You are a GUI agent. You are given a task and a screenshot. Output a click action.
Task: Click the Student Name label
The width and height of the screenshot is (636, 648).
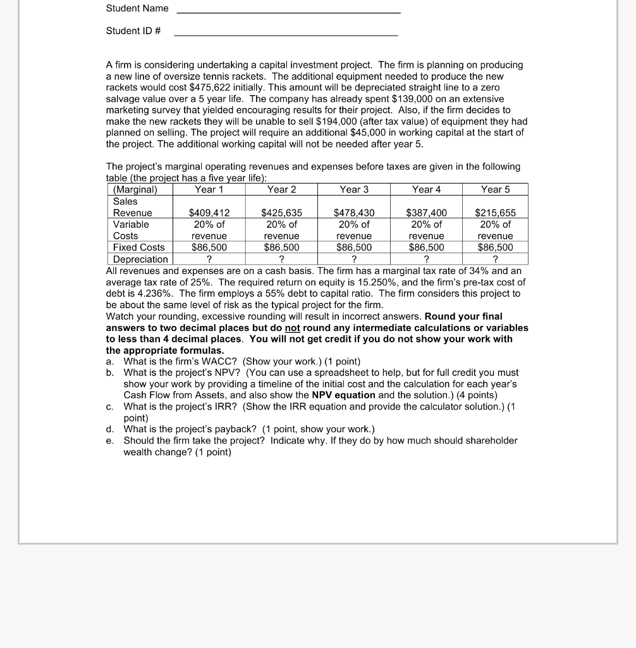coord(137,8)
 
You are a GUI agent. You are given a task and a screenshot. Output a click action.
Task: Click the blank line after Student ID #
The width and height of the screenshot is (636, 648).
coord(286,35)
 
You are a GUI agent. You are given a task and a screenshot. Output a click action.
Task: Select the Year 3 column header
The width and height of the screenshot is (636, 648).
coord(353,189)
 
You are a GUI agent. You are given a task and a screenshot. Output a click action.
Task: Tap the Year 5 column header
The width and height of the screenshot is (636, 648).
coord(495,189)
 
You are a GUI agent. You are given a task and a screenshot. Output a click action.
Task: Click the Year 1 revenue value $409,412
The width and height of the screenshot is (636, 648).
coord(209,213)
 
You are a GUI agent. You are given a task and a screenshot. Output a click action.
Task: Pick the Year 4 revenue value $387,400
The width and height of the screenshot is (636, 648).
coord(426,213)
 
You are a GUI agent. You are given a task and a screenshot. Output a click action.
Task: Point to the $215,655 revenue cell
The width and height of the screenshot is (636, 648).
coord(495,213)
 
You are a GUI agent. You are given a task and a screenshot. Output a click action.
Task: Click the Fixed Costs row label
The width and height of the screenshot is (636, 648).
coord(138,247)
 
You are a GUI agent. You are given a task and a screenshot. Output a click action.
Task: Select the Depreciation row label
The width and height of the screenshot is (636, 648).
coord(140,259)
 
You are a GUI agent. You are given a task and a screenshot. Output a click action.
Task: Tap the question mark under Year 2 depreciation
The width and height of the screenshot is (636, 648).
coord(281,259)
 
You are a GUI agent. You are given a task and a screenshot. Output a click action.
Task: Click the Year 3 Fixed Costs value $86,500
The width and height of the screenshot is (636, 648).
coord(354,247)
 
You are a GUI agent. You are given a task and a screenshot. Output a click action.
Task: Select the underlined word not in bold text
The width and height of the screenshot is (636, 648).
coord(292,328)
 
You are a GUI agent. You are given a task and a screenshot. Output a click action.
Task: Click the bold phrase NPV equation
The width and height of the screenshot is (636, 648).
coord(344,395)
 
